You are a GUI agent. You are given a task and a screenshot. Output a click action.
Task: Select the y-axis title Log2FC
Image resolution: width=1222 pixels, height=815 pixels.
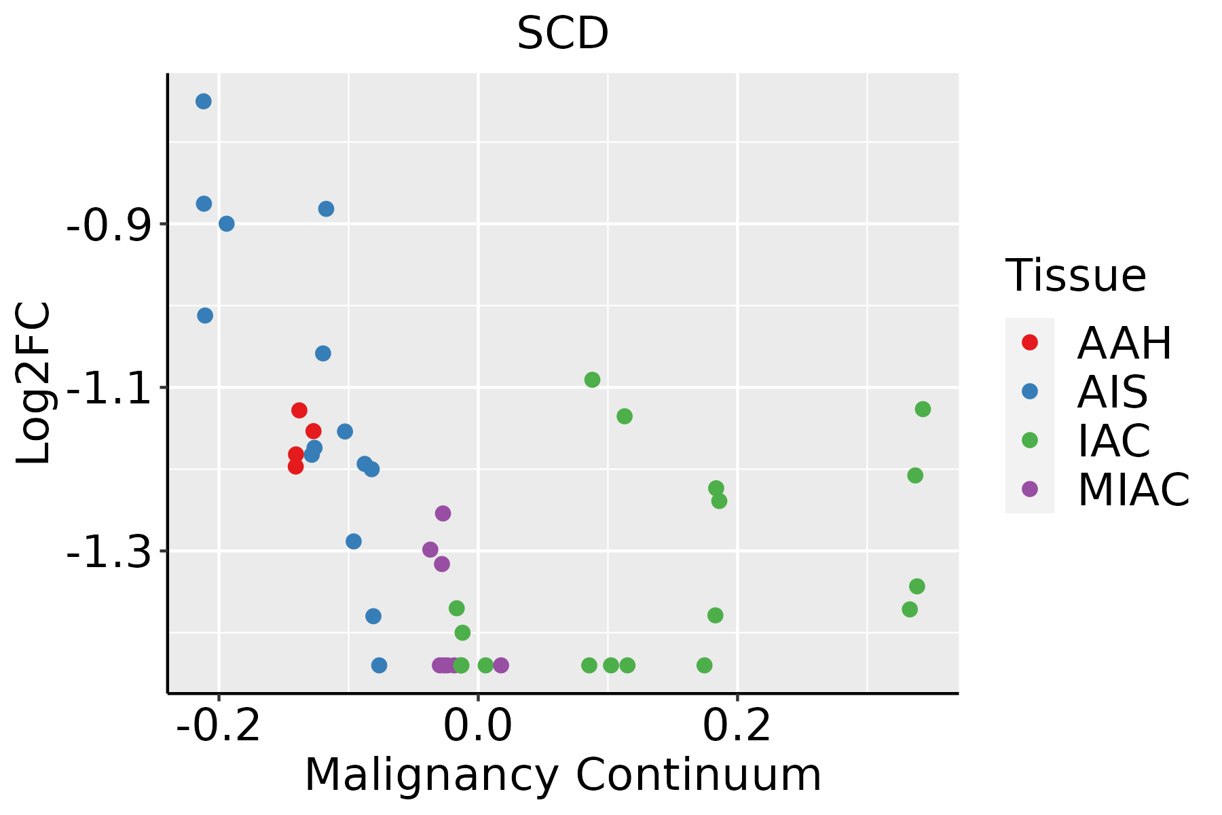pyautogui.click(x=33, y=383)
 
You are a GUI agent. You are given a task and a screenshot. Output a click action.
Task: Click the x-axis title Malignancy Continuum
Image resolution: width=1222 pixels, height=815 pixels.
pyautogui.click(x=563, y=775)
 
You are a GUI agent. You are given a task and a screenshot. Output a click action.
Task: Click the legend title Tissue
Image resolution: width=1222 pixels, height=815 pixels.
pyautogui.click(x=1076, y=276)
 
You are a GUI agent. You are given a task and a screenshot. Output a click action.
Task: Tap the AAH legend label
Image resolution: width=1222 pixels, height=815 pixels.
pyautogui.click(x=1124, y=343)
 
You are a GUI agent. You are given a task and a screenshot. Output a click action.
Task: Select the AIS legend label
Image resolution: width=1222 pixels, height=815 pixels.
pyautogui.click(x=1113, y=392)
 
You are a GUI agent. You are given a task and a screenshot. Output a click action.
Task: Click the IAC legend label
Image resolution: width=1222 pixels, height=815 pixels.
pyautogui.click(x=1114, y=441)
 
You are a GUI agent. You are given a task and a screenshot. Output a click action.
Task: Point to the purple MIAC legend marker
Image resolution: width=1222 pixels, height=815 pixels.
pyautogui.click(x=1030, y=489)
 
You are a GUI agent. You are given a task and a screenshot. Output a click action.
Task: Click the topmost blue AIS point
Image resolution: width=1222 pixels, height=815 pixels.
pyautogui.click(x=204, y=101)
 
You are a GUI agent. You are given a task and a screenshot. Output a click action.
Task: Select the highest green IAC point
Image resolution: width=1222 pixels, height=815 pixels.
pyautogui.click(x=592, y=380)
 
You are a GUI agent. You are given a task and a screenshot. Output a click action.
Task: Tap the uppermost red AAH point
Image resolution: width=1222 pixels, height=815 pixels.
pyautogui.click(x=299, y=410)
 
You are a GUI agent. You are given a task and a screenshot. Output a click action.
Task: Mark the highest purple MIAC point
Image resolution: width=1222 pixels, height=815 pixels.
pyautogui.click(x=443, y=513)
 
